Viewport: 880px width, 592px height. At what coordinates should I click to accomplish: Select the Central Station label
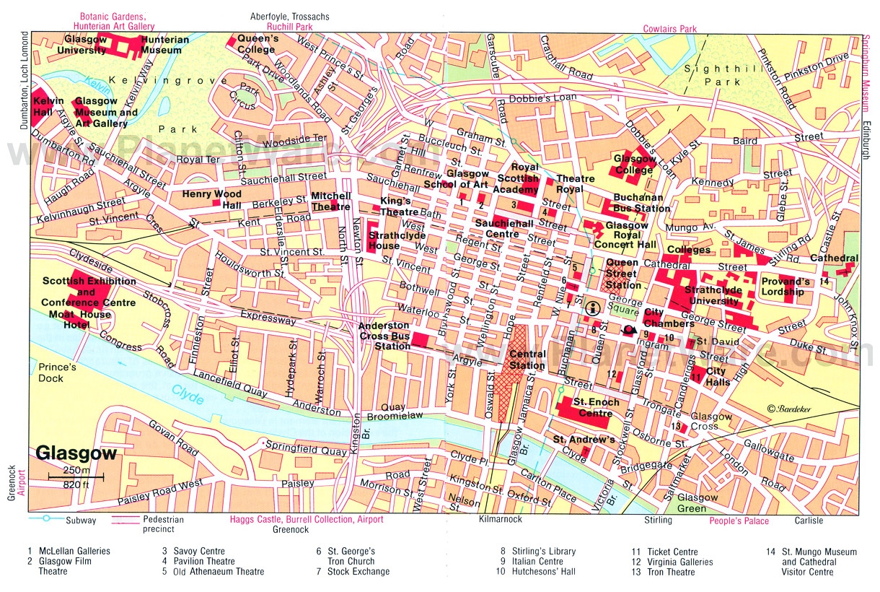coord(527,360)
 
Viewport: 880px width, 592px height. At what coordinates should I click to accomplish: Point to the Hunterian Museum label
coord(162,45)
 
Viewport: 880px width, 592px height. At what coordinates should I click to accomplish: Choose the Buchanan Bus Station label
coord(642,203)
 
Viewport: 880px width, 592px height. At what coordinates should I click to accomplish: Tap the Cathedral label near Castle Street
coord(834,258)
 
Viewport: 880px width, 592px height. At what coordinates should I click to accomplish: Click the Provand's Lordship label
coord(786,286)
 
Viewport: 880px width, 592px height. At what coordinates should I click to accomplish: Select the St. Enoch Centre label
coord(593,407)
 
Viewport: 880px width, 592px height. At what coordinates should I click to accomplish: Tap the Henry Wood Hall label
coord(212,199)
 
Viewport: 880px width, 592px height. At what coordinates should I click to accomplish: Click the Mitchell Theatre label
coord(330,201)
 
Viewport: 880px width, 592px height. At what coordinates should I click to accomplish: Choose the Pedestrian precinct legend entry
coord(163,523)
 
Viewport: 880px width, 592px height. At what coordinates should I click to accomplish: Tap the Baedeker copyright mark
coord(790,409)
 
